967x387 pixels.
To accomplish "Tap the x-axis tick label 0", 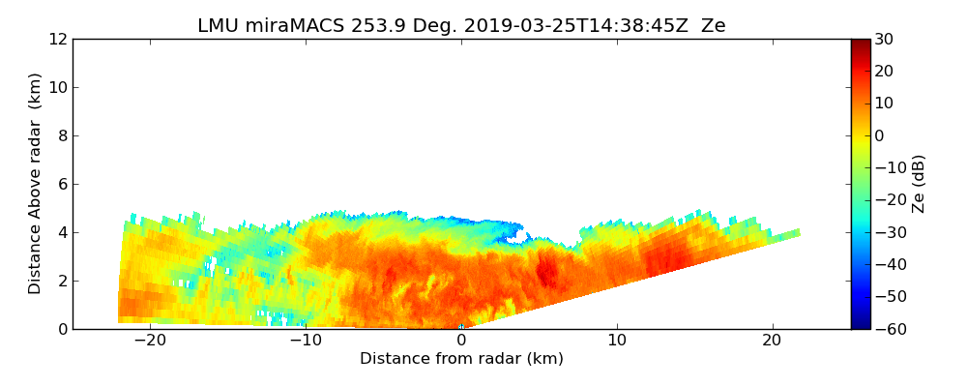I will click(461, 341).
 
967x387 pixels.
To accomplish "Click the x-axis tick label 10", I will click(617, 341).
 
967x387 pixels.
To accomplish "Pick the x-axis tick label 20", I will click(772, 341).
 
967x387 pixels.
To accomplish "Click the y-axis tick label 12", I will click(57, 40).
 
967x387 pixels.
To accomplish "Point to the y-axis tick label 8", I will click(61, 136).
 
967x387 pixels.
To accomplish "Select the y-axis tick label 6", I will click(61, 185).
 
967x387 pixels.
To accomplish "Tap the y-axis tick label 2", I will click(61, 282).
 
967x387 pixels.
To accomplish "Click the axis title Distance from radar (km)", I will click(461, 359).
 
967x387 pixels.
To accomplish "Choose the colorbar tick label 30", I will click(884, 40).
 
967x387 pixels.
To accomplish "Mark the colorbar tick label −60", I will click(888, 329).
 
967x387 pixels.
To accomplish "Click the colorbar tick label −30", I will click(888, 232).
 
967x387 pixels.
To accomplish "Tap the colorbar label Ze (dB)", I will click(919, 184).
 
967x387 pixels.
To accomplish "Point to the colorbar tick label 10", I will click(884, 104).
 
